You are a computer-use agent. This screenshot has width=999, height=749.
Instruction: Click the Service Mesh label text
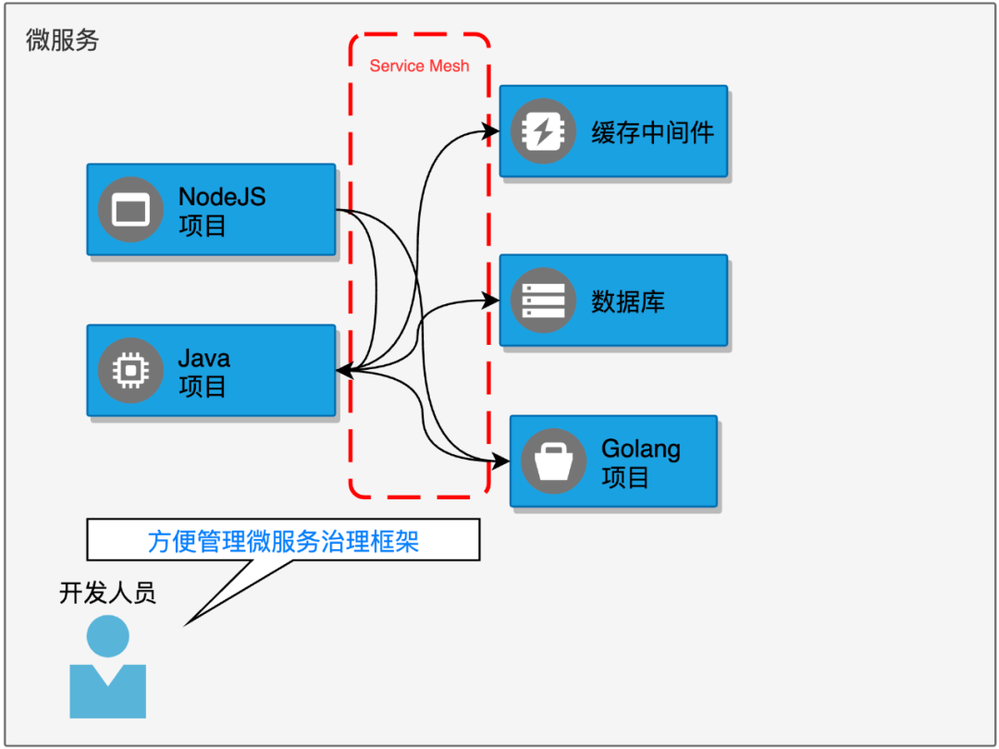click(x=419, y=66)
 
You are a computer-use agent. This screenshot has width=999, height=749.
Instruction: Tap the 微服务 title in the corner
click(x=62, y=41)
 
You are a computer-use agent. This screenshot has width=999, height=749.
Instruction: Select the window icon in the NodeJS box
click(x=130, y=209)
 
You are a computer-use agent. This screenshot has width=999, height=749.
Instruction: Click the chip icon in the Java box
click(x=130, y=370)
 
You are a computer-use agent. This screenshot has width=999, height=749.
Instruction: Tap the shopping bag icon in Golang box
click(x=553, y=460)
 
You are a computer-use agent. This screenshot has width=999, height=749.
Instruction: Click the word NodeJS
click(x=221, y=196)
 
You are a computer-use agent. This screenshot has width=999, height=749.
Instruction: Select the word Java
click(x=203, y=358)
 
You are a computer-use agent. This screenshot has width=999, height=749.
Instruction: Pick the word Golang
click(x=640, y=448)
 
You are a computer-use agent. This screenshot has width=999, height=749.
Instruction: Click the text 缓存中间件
click(x=652, y=132)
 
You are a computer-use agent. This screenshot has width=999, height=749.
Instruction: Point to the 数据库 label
click(x=627, y=301)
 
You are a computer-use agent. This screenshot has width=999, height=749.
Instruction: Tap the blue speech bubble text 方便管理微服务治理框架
click(x=283, y=540)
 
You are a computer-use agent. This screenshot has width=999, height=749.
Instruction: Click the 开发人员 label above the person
click(x=107, y=593)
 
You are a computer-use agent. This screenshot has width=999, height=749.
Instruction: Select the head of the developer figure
click(x=107, y=637)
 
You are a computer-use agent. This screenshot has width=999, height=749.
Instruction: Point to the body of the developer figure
click(x=107, y=694)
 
